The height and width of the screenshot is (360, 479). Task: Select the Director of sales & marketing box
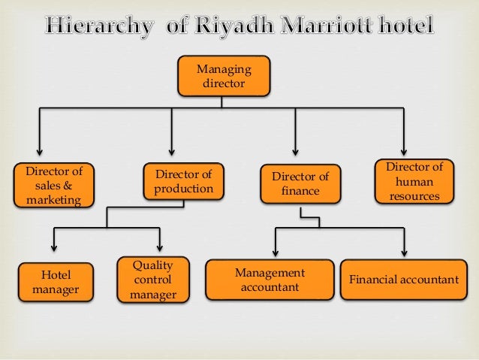tap(52, 185)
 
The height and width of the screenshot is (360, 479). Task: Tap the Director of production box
tap(184, 181)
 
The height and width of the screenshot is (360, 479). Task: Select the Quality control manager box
tap(152, 280)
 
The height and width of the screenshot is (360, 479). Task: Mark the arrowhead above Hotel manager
tap(53, 248)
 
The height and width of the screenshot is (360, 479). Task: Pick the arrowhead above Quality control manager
tap(161, 248)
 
